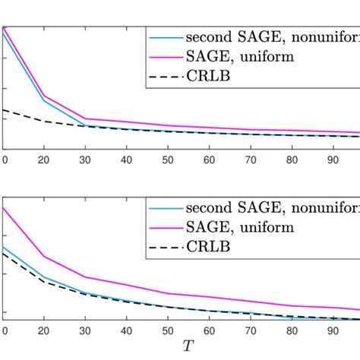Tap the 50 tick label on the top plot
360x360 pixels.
[x=166, y=160]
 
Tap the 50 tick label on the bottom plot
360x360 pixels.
[x=166, y=331]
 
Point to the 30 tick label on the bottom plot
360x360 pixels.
[x=85, y=331]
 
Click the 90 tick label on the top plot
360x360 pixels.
[x=329, y=160]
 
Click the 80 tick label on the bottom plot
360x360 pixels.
[x=289, y=331]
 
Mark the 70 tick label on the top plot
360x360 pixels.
[x=248, y=160]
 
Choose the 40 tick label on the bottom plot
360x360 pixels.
[x=126, y=331]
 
